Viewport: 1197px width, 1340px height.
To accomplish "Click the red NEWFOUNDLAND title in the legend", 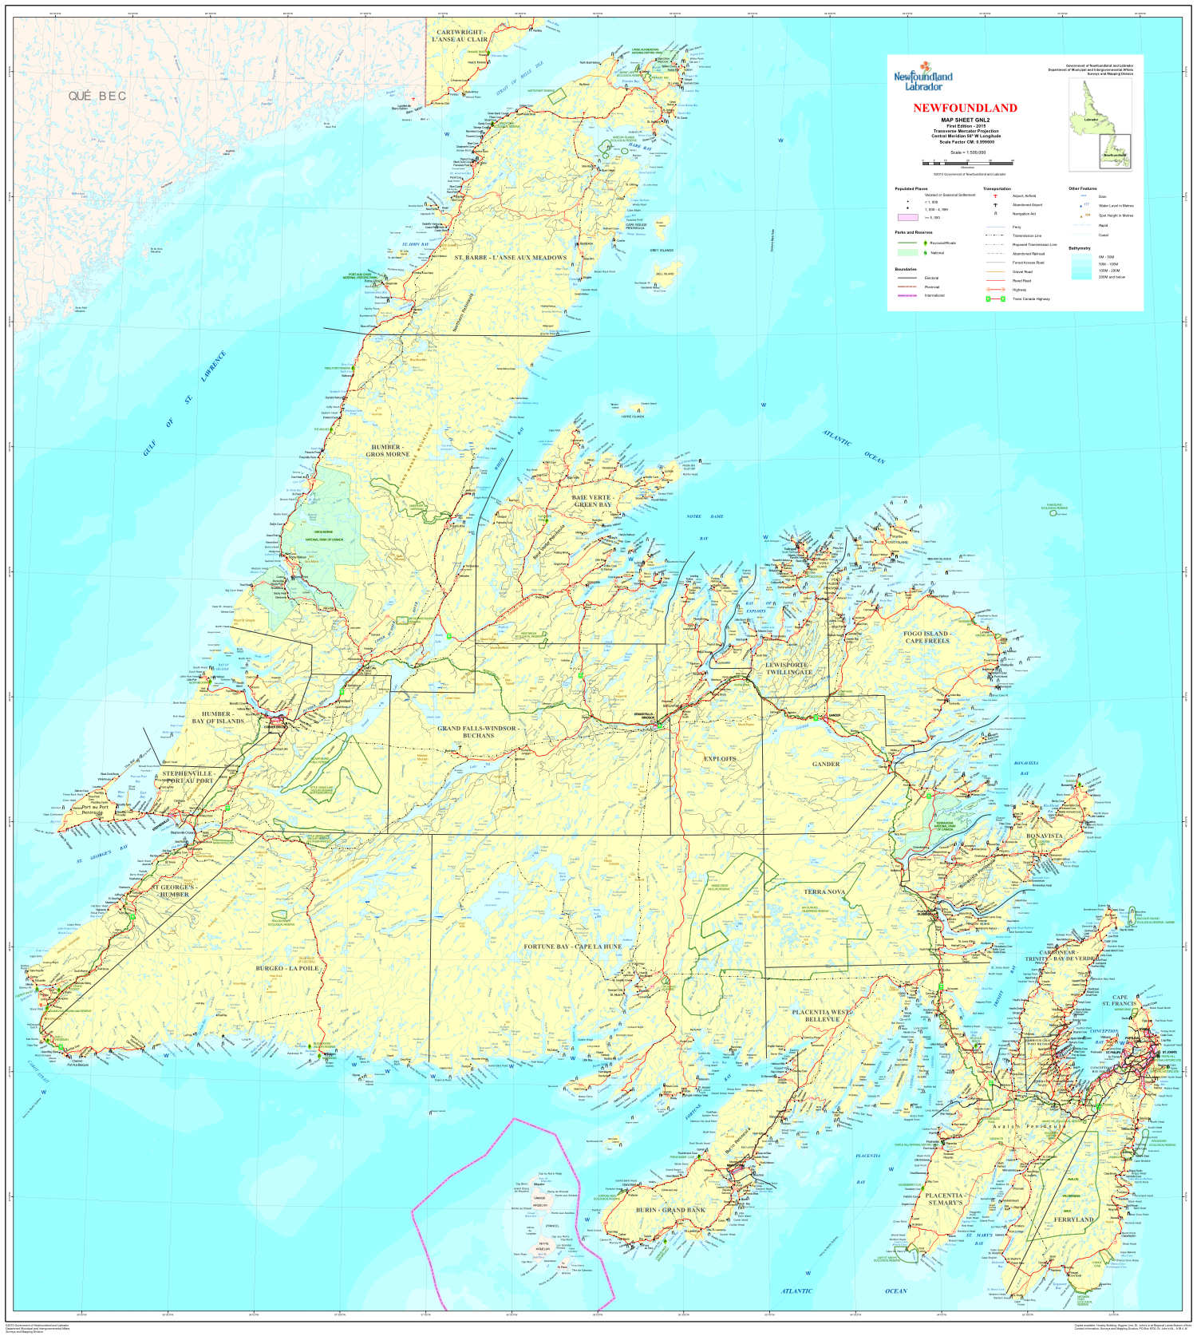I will point(965,108).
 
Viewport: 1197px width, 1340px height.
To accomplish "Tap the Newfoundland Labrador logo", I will point(922,80).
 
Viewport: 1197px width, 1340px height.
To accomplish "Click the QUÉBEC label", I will point(97,96).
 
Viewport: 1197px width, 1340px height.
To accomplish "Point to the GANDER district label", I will point(826,764).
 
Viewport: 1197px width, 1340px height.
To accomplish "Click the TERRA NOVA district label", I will point(824,891).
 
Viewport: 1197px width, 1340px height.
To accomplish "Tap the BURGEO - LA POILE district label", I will point(286,968).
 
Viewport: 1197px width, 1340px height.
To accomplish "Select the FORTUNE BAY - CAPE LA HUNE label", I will point(572,947).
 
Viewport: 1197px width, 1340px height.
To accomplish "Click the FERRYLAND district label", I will point(1073,1219).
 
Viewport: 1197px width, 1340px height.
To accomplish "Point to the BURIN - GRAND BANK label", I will point(670,1210).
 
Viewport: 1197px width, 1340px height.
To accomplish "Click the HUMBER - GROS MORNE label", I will point(387,450).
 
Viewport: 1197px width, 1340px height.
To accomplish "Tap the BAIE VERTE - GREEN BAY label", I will point(592,500).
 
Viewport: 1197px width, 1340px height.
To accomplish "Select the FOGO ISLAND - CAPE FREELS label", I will point(926,637).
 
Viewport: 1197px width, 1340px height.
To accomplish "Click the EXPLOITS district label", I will point(719,758).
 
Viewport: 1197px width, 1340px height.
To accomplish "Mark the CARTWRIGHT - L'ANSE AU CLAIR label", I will point(460,36).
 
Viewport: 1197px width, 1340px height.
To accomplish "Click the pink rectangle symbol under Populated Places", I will point(907,217).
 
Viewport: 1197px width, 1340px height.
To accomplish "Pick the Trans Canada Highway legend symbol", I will point(994,298).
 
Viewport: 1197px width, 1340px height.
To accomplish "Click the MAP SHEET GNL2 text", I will point(965,120).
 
